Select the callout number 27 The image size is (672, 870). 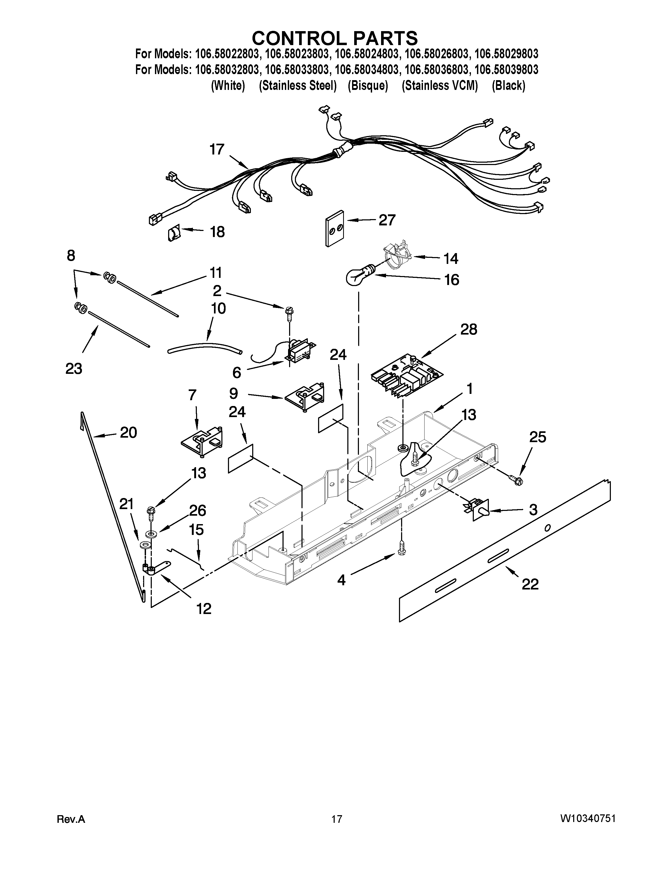click(387, 220)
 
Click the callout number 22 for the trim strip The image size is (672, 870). click(530, 584)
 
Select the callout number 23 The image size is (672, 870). click(74, 369)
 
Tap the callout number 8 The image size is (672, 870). click(71, 256)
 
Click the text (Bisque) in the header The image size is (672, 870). click(367, 86)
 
